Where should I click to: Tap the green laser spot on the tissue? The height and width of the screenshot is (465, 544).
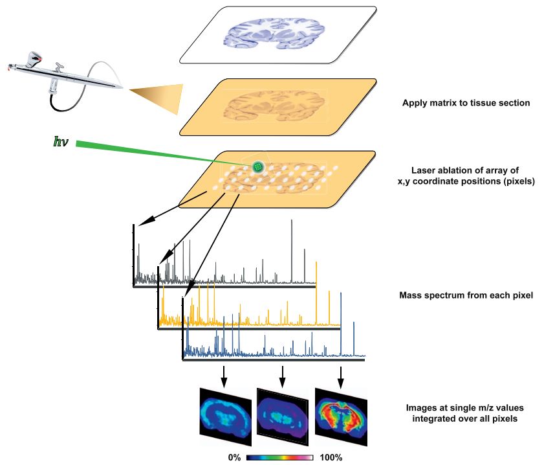pos(258,167)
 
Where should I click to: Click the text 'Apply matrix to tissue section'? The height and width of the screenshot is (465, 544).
pos(466,103)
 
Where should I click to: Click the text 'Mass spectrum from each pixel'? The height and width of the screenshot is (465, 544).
pos(466,296)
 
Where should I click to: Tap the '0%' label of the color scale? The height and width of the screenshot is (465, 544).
pos(234,457)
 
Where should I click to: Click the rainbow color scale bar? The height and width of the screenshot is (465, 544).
pos(280,457)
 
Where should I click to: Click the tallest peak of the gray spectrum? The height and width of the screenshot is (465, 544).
pos(292,223)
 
